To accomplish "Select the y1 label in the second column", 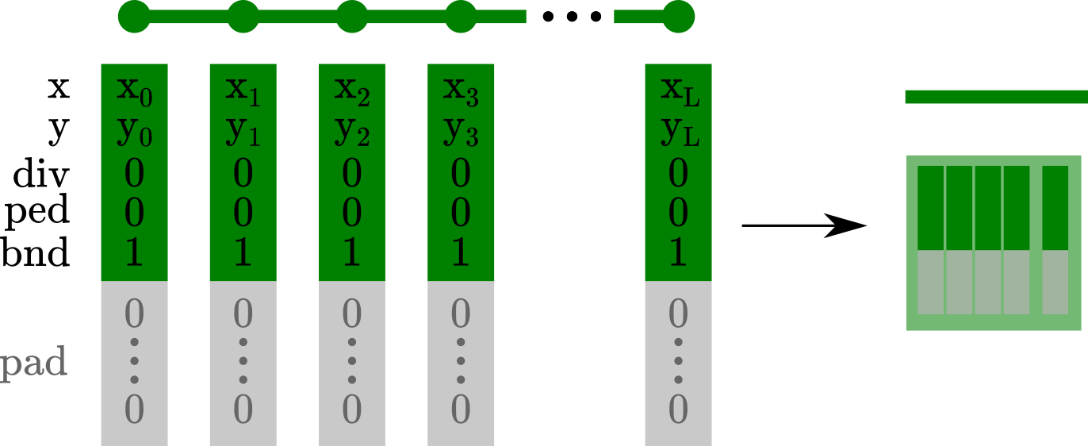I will point(243,132).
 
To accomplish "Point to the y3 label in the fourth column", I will point(460,132).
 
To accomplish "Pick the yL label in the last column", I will point(679,132).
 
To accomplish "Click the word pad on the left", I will point(33,364).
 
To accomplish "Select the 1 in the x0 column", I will point(134,252).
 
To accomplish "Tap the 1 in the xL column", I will point(678,252).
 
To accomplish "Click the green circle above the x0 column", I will point(134,17).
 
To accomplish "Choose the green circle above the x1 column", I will point(243,17).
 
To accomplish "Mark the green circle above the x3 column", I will point(461,17).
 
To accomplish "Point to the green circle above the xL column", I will point(678,17).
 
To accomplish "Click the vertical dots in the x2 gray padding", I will point(351,361).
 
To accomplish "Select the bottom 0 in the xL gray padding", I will point(678,409).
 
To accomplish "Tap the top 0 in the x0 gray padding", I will point(134,314).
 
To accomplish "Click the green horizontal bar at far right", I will point(996,97).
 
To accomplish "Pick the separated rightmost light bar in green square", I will point(1055,282).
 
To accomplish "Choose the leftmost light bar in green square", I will point(930,282).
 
